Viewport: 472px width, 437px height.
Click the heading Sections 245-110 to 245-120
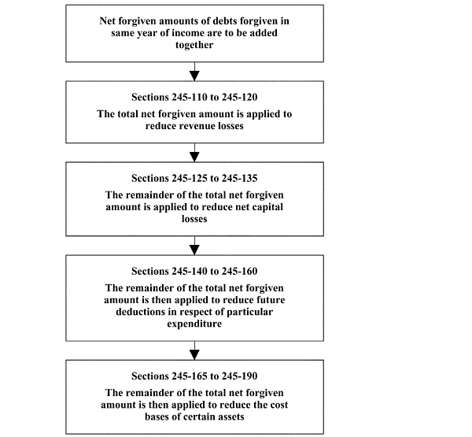[x=194, y=97]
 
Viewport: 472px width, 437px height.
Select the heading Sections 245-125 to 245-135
[x=194, y=178]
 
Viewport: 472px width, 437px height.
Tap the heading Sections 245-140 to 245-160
[x=194, y=271]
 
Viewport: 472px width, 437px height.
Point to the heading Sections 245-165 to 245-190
[x=194, y=376]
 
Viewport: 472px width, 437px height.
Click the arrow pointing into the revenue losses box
[x=194, y=72]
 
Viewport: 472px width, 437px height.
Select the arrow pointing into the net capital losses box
[x=194, y=153]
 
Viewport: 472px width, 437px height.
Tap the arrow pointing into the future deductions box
[x=194, y=246]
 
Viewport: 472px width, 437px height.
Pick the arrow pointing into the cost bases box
[x=194, y=350]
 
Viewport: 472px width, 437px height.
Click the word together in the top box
[x=194, y=45]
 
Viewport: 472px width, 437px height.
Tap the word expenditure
[x=194, y=324]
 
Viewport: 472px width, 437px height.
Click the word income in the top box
[x=188, y=33]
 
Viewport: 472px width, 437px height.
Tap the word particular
[x=249, y=312]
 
